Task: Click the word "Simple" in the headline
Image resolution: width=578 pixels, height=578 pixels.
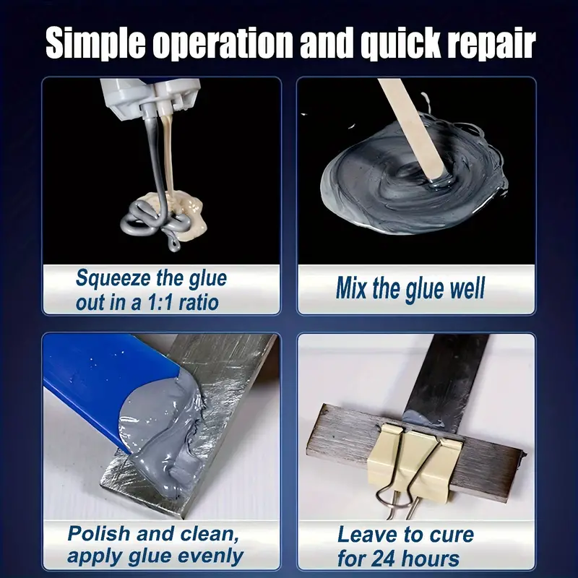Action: (95, 43)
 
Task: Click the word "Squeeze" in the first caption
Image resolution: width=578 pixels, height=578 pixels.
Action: (113, 279)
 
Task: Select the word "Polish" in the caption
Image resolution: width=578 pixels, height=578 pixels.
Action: (99, 534)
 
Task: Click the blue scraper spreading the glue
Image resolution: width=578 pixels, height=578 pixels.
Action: (107, 384)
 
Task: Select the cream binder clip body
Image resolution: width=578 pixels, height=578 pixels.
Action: (415, 462)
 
